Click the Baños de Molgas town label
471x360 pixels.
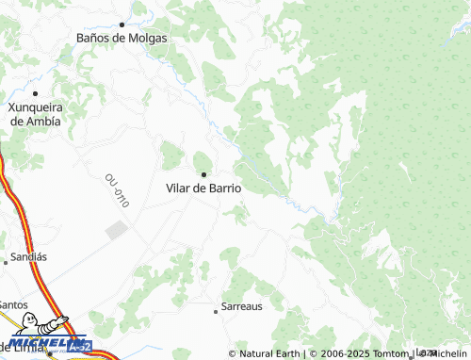click(x=122, y=39)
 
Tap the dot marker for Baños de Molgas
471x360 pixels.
click(x=122, y=24)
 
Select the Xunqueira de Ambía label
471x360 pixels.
click(x=35, y=114)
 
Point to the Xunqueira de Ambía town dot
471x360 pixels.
click(x=35, y=93)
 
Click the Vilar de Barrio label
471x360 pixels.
click(x=203, y=188)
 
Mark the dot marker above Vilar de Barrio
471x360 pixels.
click(x=203, y=173)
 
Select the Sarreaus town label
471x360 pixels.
click(x=241, y=307)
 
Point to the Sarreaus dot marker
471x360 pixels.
click(x=215, y=308)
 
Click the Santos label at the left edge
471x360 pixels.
click(x=13, y=304)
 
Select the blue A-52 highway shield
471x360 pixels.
click(x=81, y=347)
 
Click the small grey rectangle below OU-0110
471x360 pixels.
click(x=116, y=230)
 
